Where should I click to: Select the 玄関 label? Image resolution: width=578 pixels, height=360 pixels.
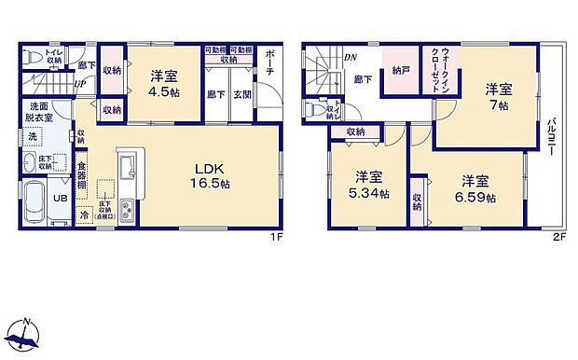(241, 94)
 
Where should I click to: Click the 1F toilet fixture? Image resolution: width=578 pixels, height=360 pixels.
(35, 58)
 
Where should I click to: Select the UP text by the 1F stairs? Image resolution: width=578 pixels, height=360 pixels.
(80, 81)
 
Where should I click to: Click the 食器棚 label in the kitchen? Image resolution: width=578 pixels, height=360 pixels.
(82, 176)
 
